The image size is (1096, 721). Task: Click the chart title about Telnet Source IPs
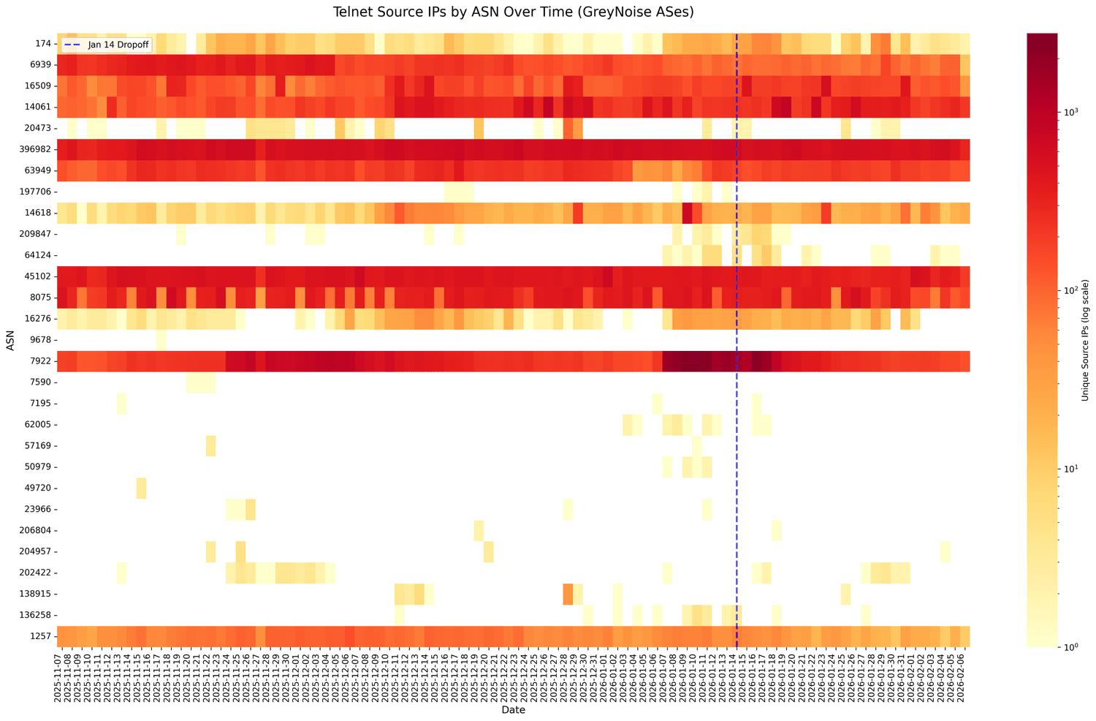(513, 12)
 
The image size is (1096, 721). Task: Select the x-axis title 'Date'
(513, 709)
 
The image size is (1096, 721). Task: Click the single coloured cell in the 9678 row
(161, 340)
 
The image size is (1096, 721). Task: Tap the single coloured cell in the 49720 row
(141, 488)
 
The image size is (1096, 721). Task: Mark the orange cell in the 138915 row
(568, 594)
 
